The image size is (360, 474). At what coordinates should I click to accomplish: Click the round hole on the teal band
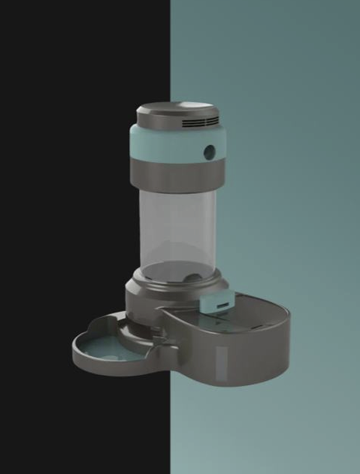210,151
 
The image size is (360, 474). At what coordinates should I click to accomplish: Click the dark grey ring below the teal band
176,174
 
